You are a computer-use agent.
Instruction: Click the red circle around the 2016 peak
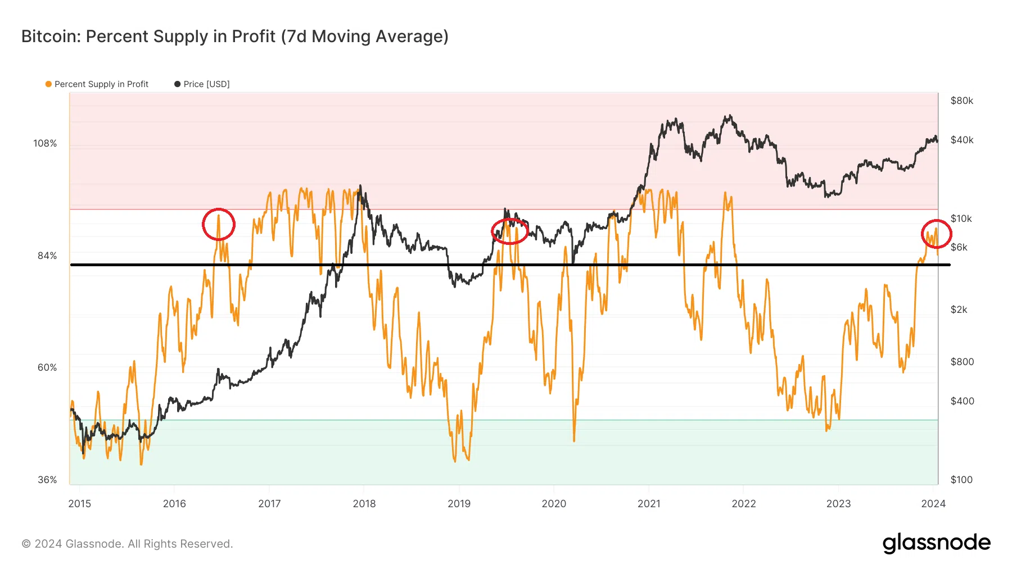(x=219, y=224)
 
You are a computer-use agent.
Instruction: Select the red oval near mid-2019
(x=510, y=231)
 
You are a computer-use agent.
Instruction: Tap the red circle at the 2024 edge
(x=936, y=234)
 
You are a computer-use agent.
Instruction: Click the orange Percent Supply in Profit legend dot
(x=49, y=84)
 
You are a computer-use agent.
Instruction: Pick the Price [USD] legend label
(x=206, y=84)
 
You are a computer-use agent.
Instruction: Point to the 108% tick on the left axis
(x=45, y=143)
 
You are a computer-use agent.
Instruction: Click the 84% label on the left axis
(x=47, y=256)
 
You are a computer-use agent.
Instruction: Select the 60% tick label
(x=47, y=367)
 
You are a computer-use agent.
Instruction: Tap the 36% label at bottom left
(x=47, y=480)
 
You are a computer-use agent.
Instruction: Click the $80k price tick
(x=961, y=101)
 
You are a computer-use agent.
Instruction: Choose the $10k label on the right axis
(x=961, y=219)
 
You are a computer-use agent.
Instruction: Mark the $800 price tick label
(x=962, y=362)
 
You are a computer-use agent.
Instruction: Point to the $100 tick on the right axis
(x=961, y=480)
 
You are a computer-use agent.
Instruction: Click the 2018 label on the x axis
(x=364, y=504)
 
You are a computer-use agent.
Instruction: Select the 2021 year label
(x=649, y=504)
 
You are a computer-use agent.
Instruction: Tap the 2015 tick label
(x=80, y=504)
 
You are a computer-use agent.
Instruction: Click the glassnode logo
(x=936, y=543)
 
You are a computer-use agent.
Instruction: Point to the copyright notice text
(x=127, y=544)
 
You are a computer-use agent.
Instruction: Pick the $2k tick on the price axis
(x=959, y=309)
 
